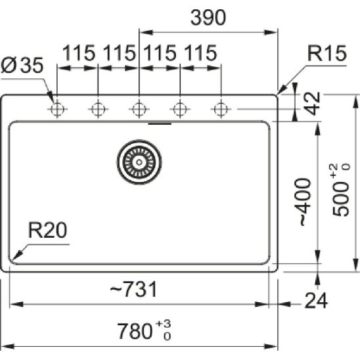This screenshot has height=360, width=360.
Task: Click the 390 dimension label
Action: [208, 18]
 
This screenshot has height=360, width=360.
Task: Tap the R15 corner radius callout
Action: [327, 53]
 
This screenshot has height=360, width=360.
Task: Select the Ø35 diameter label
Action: [22, 65]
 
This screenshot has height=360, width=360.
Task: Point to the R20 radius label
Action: [47, 231]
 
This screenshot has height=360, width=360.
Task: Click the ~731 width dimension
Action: [133, 289]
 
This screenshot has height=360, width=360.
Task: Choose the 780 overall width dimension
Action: [144, 330]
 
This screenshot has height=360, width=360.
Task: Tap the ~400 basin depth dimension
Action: [305, 202]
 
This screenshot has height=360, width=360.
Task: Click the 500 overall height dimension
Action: [341, 190]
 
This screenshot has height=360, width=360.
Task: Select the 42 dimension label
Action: [313, 103]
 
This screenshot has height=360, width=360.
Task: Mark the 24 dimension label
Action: [316, 300]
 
